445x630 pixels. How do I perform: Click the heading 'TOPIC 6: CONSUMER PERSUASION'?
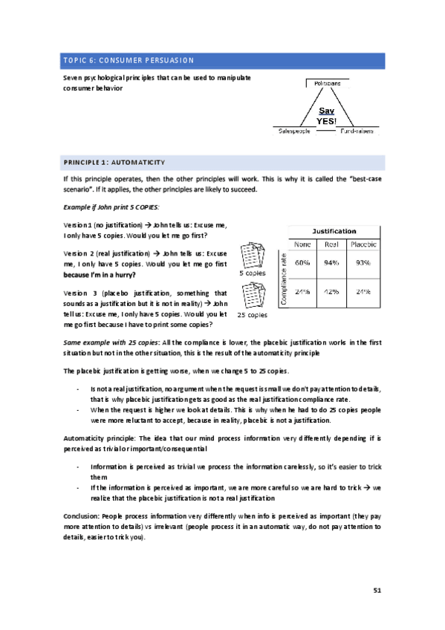pos(129,60)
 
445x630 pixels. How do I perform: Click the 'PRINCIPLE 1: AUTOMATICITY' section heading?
pos(114,162)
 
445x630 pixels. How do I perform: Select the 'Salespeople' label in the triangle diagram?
pos(294,131)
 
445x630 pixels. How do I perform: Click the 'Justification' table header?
pos(334,231)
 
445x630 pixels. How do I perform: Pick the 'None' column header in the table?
pos(302,244)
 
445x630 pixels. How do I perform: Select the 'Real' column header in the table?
pos(332,244)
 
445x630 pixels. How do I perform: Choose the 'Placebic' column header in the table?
pos(363,244)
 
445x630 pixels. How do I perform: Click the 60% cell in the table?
pos(302,262)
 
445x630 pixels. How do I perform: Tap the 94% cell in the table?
pos(332,262)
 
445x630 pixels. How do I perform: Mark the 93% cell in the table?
pos(363,262)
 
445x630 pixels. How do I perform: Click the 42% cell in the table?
pos(332,291)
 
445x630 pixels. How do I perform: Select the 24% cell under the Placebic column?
pos(363,291)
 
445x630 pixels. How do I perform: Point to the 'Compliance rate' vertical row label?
pos(283,277)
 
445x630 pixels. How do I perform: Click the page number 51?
pos(377,590)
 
